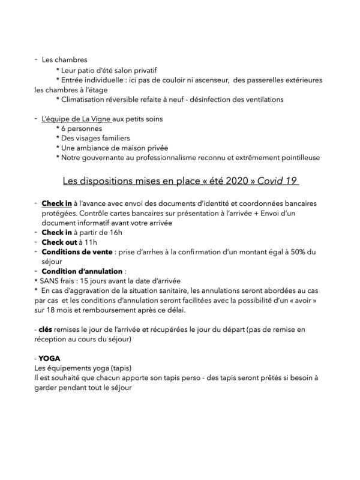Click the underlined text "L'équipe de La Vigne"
[76, 119]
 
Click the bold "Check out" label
[61, 241]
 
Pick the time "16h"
[113, 232]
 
